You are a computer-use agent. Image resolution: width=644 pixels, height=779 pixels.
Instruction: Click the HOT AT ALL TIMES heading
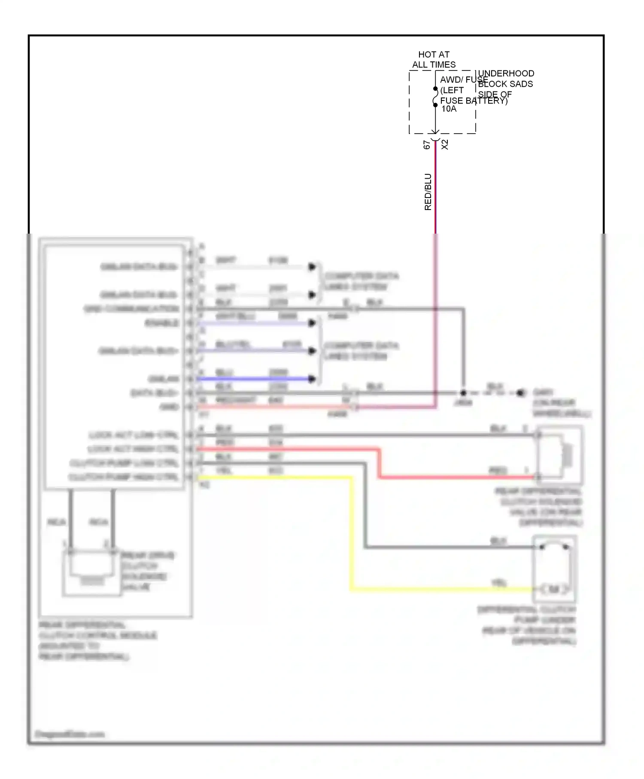pyautogui.click(x=434, y=60)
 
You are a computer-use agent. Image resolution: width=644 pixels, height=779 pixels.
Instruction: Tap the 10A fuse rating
pyautogui.click(x=449, y=109)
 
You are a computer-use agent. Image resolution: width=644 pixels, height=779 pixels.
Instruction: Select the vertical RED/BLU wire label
pyautogui.click(x=428, y=192)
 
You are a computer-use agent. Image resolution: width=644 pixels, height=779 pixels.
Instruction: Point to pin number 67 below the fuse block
pyautogui.click(x=426, y=145)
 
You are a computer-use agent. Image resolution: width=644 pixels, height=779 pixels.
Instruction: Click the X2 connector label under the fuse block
pyautogui.click(x=445, y=145)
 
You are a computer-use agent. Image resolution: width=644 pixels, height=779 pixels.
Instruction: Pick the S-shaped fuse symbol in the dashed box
pyautogui.click(x=435, y=97)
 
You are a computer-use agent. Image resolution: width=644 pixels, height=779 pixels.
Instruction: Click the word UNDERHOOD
pyautogui.click(x=506, y=73)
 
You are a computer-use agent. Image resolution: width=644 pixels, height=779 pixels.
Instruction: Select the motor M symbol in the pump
pyautogui.click(x=554, y=589)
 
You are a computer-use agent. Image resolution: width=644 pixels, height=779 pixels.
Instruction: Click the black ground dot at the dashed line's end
pyautogui.click(x=520, y=393)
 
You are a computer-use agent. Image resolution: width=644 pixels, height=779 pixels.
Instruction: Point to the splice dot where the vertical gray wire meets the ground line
pyautogui.click(x=463, y=393)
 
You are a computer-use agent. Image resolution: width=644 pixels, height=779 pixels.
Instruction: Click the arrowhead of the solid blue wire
pyautogui.click(x=312, y=379)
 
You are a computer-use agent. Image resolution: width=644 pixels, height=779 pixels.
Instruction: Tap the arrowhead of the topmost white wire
pyautogui.click(x=312, y=267)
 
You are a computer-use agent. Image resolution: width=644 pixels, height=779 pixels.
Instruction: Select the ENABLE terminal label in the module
pyautogui.click(x=162, y=323)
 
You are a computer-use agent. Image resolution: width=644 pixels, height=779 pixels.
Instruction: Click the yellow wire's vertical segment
pyautogui.click(x=352, y=533)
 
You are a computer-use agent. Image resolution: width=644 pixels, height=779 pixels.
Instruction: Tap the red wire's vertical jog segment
pyautogui.click(x=379, y=463)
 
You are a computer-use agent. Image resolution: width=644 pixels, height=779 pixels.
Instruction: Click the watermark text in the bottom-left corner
pyautogui.click(x=70, y=734)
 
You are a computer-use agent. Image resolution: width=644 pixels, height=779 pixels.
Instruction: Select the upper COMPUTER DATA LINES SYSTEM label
pyautogui.click(x=361, y=281)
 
